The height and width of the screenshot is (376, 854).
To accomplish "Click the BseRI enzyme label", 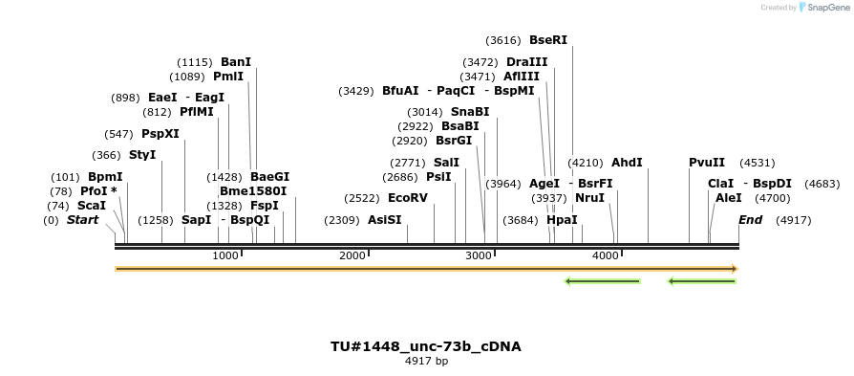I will coord(548,40).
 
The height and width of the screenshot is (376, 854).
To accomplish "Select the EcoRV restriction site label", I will coord(408,198).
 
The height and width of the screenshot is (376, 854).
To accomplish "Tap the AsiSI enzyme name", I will coord(385,220).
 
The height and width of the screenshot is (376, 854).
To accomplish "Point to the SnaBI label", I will coord(470,112).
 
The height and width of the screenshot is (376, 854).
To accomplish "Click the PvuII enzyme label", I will coord(707,163).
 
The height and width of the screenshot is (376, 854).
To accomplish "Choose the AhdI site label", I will coord(627,163).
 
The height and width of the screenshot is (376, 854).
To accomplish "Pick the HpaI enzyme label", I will coord(562,220).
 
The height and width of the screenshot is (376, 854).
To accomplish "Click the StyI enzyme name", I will coord(142,155).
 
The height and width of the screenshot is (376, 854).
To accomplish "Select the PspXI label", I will coord(160,134).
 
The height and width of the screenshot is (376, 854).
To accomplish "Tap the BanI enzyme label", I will coord(236,62).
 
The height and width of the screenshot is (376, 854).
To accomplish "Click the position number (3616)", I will coord(503,40).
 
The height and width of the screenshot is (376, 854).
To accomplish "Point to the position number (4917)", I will coord(793,220).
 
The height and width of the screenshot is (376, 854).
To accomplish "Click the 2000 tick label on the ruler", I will coord(352,255).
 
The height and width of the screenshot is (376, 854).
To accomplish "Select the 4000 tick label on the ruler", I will coord(606,255).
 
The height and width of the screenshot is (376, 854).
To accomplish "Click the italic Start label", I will coord(82,220).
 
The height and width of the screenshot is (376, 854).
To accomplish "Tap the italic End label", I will coord(751,220).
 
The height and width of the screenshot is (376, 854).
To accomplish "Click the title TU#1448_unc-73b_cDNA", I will coord(426,346).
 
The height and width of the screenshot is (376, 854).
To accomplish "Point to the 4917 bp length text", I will coord(426,362).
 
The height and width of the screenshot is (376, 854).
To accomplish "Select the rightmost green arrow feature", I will coord(702,281).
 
